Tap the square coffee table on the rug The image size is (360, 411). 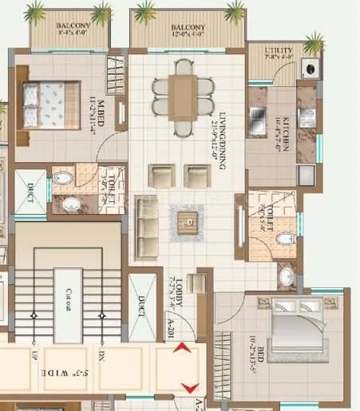pyautogui.click(x=188, y=219)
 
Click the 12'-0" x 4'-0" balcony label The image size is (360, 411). pyautogui.click(x=188, y=30)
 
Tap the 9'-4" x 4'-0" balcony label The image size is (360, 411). pyautogui.click(x=73, y=30)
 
